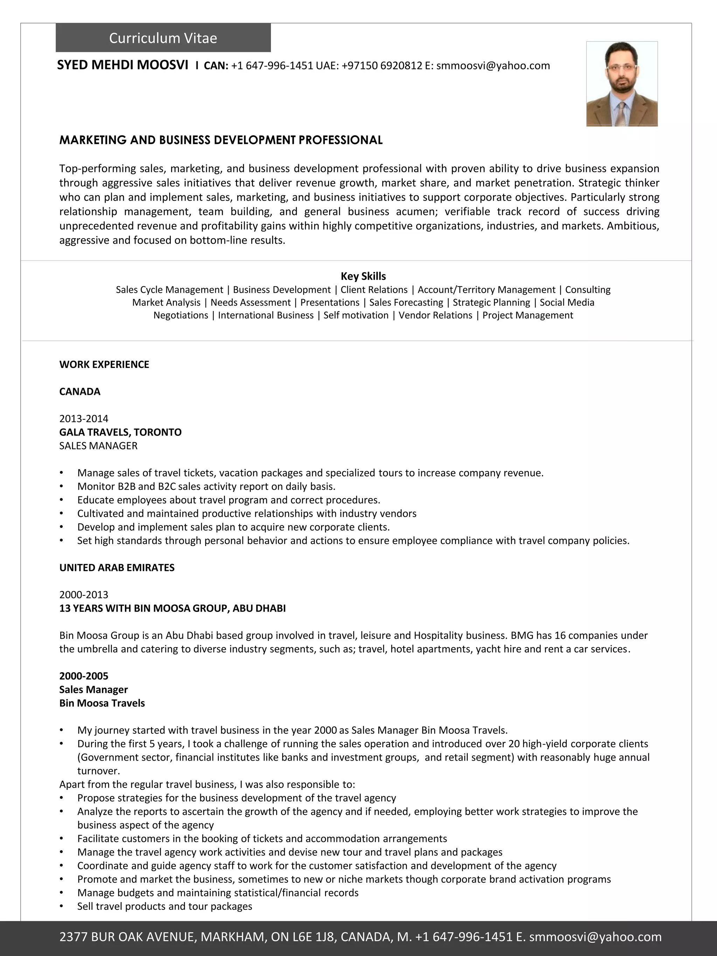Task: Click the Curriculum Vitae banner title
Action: pos(163,38)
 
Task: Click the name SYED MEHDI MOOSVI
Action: pos(123,65)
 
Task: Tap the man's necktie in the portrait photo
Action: pos(621,113)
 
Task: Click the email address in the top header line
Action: pos(493,66)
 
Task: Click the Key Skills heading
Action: pos(363,276)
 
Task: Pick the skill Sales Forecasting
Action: pos(406,302)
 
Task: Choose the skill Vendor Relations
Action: pos(435,315)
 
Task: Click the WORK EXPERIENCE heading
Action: pos(104,364)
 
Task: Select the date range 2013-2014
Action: pos(84,418)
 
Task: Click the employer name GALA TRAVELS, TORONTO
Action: pos(120,432)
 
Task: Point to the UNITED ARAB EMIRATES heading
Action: pos(117,567)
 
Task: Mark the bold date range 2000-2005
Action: pos(84,676)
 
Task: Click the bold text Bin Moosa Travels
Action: pos(102,703)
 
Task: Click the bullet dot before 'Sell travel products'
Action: pos(62,906)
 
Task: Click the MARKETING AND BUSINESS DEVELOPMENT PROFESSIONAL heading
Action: pos(221,140)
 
